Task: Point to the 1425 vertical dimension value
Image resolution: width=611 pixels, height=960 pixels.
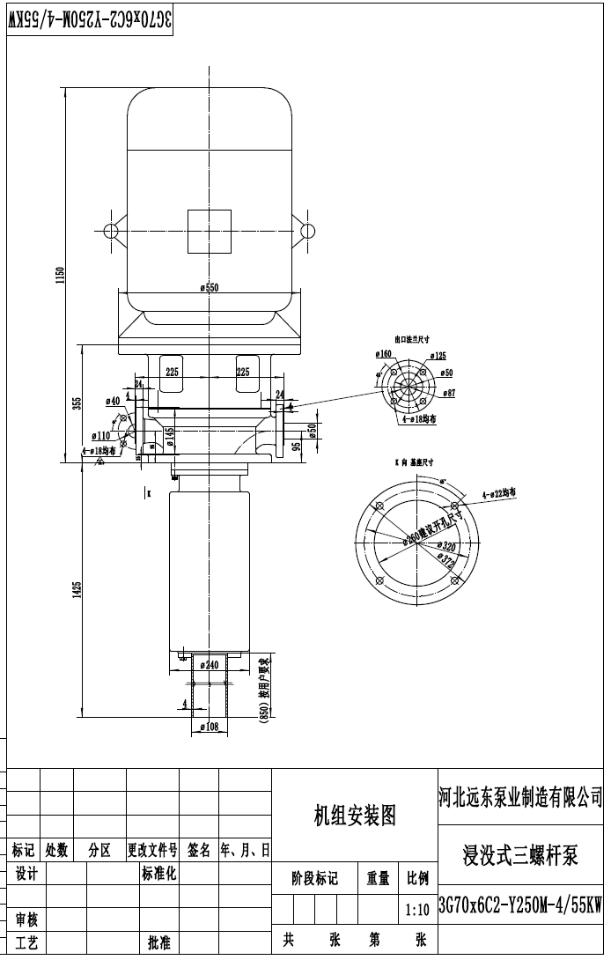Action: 77,590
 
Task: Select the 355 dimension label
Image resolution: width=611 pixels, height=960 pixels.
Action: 77,403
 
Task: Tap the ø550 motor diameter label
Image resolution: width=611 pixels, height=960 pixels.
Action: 209,287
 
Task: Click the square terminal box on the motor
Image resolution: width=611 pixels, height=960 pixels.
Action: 210,232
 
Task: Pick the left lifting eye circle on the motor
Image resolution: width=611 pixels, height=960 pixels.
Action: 111,232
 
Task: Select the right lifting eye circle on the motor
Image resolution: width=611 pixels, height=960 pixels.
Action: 308,232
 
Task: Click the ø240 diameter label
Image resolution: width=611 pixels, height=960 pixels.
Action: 209,665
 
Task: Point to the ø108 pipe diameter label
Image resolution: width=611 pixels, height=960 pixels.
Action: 209,727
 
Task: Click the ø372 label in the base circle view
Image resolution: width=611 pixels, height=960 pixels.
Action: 447,558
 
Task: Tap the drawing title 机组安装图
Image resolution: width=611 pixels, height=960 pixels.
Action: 355,816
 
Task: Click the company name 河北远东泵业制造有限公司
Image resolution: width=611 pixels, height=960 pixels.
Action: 520,798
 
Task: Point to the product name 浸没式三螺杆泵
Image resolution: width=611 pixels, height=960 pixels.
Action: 520,854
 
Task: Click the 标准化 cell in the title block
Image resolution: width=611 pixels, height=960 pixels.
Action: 159,874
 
